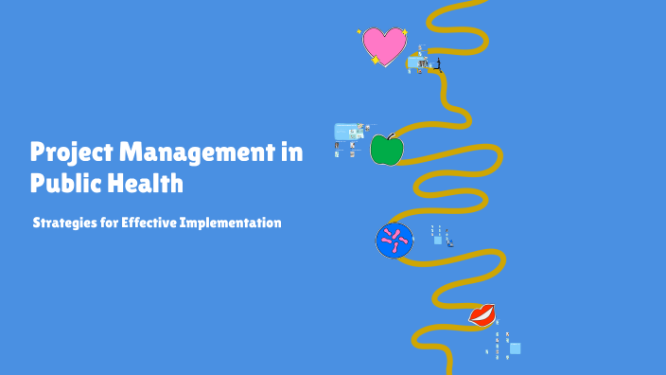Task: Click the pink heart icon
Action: click(x=384, y=45)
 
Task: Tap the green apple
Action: click(x=386, y=150)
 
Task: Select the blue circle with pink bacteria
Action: click(x=394, y=241)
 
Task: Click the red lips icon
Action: click(x=482, y=314)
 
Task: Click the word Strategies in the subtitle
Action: click(x=62, y=223)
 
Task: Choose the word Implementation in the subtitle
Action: click(x=236, y=223)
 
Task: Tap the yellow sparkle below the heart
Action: click(x=376, y=61)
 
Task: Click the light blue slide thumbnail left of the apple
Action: click(x=348, y=132)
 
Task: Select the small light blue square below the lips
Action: click(x=515, y=348)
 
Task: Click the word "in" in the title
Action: click(x=293, y=153)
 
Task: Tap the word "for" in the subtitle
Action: click(x=107, y=223)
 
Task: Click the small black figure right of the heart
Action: click(x=437, y=64)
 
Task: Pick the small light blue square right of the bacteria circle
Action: click(x=437, y=240)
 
